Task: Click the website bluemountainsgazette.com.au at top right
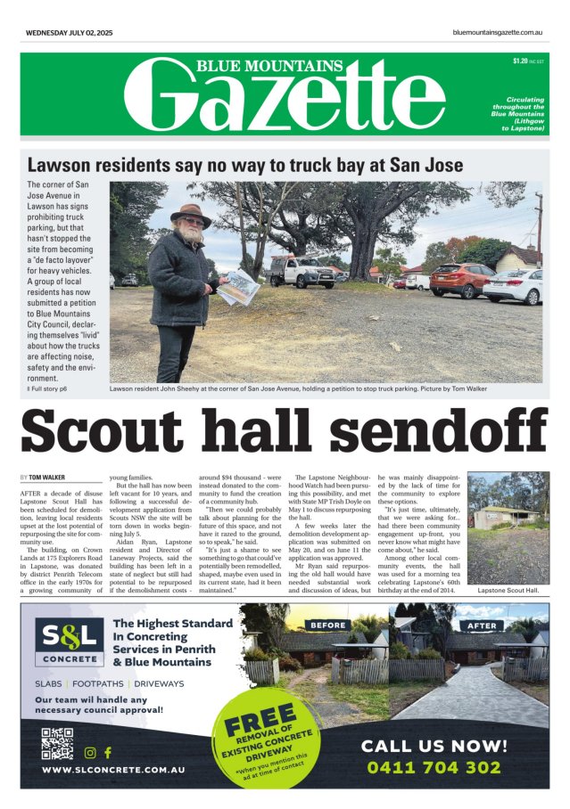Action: pyautogui.click(x=498, y=33)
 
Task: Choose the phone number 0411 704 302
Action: pyautogui.click(x=446, y=767)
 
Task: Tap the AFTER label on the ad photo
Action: pyautogui.click(x=483, y=625)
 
